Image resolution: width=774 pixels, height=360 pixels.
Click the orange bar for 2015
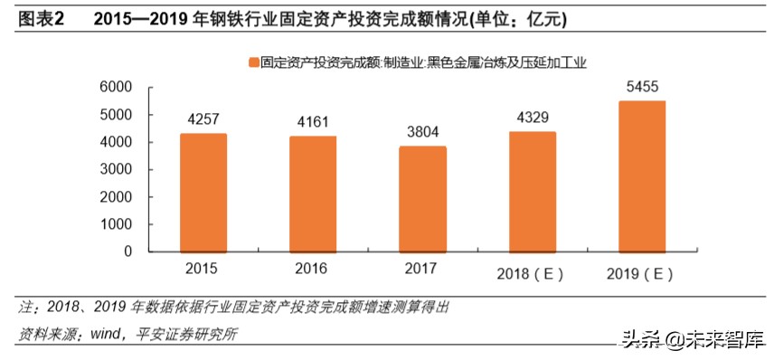tap(203, 193)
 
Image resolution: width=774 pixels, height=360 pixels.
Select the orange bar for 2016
tap(313, 194)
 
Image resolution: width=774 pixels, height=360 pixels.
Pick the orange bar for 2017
tap(422, 199)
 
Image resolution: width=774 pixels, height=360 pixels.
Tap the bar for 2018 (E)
tap(533, 192)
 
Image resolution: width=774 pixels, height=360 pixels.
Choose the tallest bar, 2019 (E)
tap(641, 176)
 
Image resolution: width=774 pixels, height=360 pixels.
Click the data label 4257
tap(203, 119)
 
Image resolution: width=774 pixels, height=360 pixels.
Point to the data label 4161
tap(313, 121)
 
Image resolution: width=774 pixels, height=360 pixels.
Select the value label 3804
tap(422, 131)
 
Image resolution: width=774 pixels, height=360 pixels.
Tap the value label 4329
tap(533, 117)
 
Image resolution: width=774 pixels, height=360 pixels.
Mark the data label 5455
tap(641, 87)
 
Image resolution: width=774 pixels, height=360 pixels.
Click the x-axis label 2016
tap(313, 269)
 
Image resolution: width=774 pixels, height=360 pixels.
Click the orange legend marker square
tap(253, 62)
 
